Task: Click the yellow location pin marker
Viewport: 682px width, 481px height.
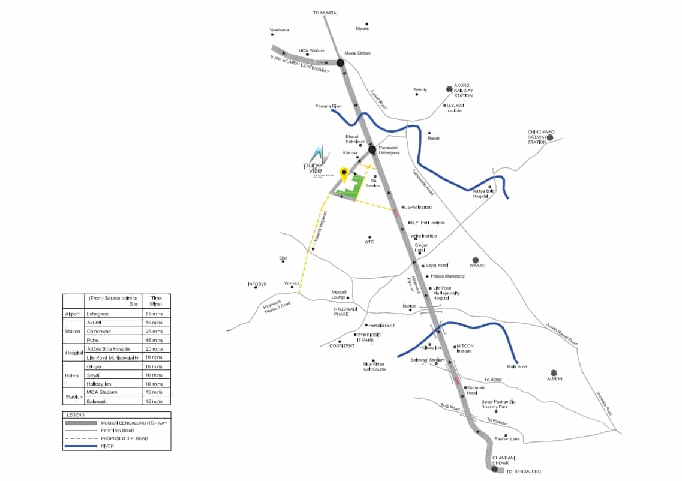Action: click(344, 173)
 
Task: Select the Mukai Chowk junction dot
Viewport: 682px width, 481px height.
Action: click(340, 62)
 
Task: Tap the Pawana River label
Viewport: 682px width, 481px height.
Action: click(328, 106)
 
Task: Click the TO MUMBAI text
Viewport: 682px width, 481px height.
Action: click(326, 13)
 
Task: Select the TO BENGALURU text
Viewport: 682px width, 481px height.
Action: click(524, 472)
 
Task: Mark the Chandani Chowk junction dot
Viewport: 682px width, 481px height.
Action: click(494, 469)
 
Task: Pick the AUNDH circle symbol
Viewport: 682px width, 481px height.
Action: click(554, 372)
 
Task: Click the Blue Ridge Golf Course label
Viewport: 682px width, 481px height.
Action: click(374, 366)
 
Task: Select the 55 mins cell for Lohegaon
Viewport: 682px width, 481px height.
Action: click(155, 313)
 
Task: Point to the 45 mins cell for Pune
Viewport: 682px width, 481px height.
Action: click(155, 340)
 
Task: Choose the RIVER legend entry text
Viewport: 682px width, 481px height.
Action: click(108, 446)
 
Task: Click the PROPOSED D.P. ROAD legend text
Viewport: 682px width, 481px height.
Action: click(124, 438)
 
